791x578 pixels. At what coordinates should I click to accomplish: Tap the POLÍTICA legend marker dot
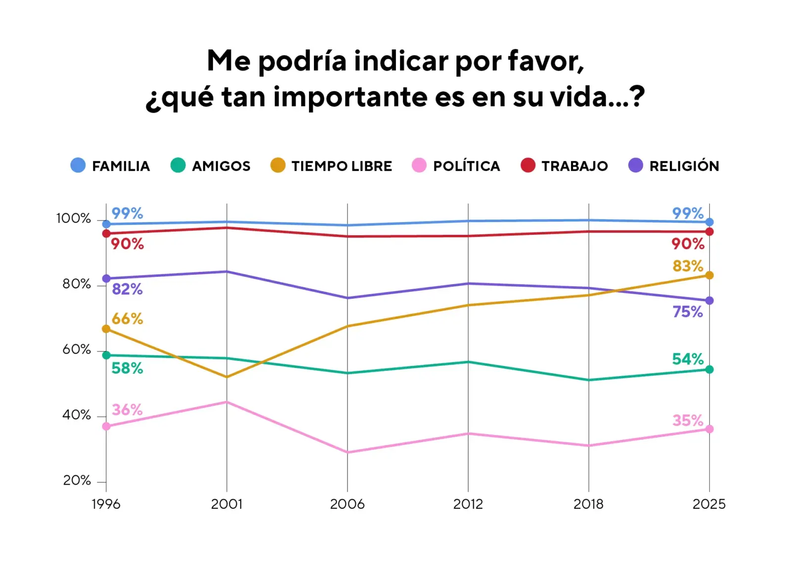[419, 165]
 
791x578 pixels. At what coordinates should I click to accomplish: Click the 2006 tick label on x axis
[347, 504]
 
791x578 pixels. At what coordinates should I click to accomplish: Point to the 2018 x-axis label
[588, 504]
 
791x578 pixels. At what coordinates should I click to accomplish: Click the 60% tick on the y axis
[77, 350]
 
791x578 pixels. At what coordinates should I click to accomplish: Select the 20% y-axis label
[77, 481]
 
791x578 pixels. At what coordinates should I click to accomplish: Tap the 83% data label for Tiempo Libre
[688, 266]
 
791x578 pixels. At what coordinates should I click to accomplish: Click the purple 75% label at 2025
[688, 312]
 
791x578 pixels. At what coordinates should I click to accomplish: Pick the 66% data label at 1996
[127, 319]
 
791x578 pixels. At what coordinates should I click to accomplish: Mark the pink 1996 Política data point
[106, 426]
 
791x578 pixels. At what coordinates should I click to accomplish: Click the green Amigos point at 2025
[709, 369]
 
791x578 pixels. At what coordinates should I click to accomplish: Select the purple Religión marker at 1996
[106, 279]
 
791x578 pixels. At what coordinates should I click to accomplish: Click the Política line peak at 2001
[227, 402]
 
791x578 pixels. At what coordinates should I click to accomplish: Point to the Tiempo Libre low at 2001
[227, 377]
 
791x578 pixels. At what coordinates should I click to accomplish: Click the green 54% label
[688, 359]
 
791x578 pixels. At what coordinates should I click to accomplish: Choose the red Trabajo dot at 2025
[709, 232]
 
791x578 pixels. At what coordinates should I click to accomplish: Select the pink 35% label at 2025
[688, 421]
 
